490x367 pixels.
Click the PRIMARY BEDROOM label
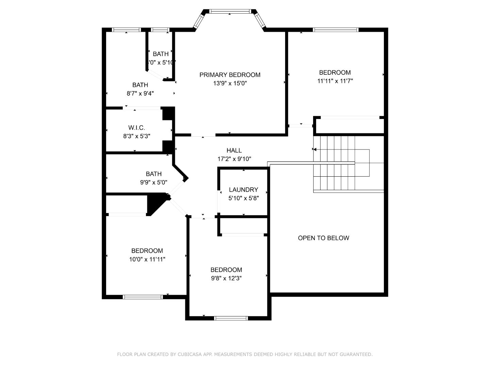[230, 75]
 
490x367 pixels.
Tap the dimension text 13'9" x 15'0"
[230, 83]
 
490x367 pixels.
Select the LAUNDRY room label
[243, 190]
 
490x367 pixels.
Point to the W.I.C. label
[136, 128]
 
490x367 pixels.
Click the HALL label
[234, 150]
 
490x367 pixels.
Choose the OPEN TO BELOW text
[323, 238]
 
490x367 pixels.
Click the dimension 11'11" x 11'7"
[335, 81]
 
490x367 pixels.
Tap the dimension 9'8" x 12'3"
[226, 278]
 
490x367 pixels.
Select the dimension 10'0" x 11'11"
[147, 259]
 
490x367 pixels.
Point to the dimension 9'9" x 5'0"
[153, 182]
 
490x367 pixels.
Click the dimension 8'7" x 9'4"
[140, 93]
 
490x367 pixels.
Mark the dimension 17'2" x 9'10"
[234, 159]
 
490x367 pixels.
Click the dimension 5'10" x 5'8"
[243, 198]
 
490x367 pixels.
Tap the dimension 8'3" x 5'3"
[136, 136]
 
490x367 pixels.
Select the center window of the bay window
[230, 11]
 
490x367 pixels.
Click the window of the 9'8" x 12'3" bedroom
[231, 318]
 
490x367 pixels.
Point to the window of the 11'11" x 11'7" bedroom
[336, 30]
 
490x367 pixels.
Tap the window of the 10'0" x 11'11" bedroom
[143, 297]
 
